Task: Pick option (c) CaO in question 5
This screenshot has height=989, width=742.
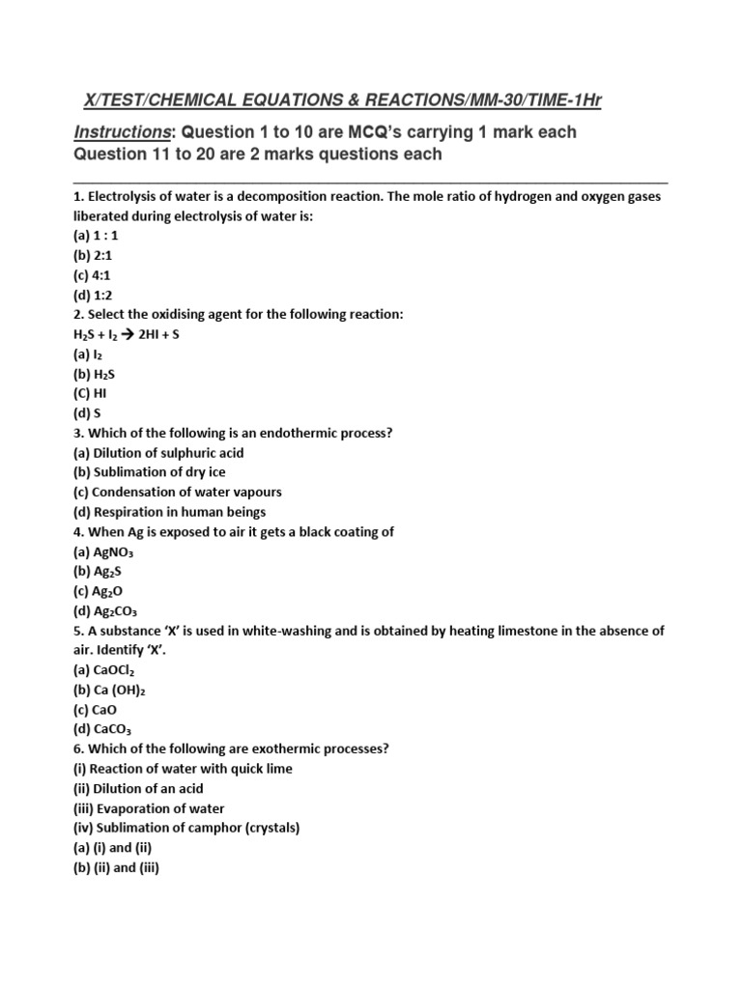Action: [97, 709]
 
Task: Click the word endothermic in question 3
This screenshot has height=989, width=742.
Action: [278, 433]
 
